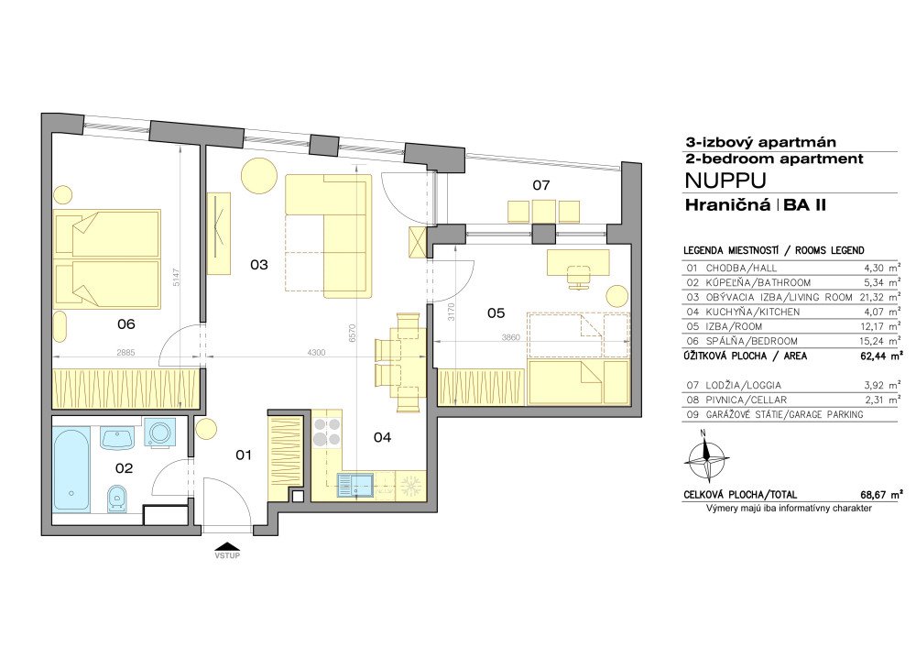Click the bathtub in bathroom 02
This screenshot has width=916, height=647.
pyautogui.click(x=71, y=468)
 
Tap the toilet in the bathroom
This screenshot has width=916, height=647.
pyautogui.click(x=117, y=499)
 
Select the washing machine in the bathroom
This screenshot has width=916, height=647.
pyautogui.click(x=158, y=433)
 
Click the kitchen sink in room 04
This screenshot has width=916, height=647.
pyautogui.click(x=355, y=486)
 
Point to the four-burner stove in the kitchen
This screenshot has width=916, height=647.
pyautogui.click(x=327, y=432)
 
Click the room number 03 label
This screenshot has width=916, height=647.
pyautogui.click(x=259, y=265)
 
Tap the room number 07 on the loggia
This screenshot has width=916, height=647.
pyautogui.click(x=541, y=185)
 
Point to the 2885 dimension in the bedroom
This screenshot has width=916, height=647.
pyautogui.click(x=125, y=353)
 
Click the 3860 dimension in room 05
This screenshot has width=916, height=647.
pyautogui.click(x=510, y=337)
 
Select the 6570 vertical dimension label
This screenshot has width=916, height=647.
pyautogui.click(x=352, y=334)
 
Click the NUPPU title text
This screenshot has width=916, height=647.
pyautogui.click(x=725, y=181)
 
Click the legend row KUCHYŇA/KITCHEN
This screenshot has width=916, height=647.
pyautogui.click(x=793, y=313)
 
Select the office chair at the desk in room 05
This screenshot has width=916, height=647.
pyautogui.click(x=579, y=277)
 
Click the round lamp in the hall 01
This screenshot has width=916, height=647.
pyautogui.click(x=206, y=428)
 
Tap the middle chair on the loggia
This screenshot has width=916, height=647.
pyautogui.click(x=544, y=212)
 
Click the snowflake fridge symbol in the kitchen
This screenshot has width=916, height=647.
pyautogui.click(x=411, y=486)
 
